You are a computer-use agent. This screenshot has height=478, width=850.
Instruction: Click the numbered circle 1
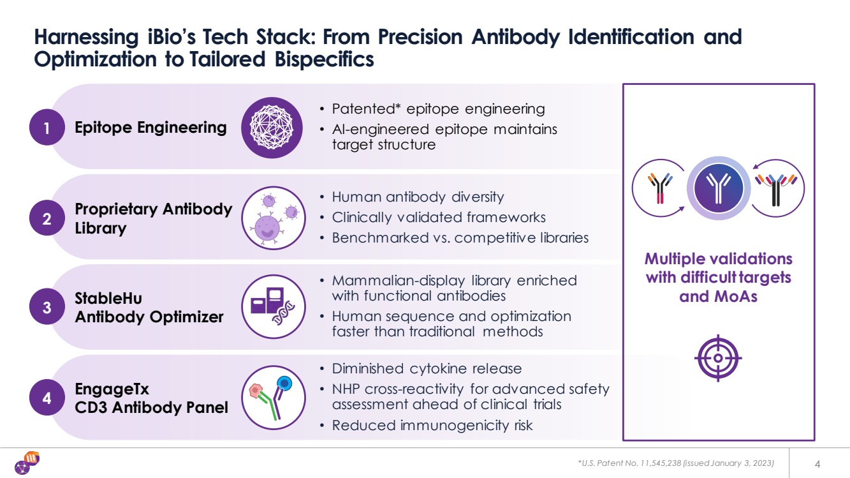47,127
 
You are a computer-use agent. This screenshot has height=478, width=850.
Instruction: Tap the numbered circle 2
47,218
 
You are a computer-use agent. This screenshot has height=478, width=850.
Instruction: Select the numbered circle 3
47,307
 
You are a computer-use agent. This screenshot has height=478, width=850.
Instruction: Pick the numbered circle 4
47,398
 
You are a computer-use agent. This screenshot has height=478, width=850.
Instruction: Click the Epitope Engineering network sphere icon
272,128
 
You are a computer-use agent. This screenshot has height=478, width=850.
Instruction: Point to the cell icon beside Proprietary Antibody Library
273,218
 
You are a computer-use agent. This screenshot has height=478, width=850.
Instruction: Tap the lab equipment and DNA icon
273,307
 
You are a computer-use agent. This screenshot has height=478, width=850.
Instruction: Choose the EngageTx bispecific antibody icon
273,398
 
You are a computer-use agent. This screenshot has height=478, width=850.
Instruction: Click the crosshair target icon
718,358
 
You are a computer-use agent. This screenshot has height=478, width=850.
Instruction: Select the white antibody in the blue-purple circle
718,188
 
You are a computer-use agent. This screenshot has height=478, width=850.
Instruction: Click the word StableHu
108,299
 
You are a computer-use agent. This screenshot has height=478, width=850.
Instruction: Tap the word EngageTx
112,389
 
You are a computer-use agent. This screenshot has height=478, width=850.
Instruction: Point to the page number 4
817,464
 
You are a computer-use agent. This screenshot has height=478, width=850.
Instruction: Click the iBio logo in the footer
27,463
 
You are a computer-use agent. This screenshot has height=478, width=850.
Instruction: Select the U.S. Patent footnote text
676,463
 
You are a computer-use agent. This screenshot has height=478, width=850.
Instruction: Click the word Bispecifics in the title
325,59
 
